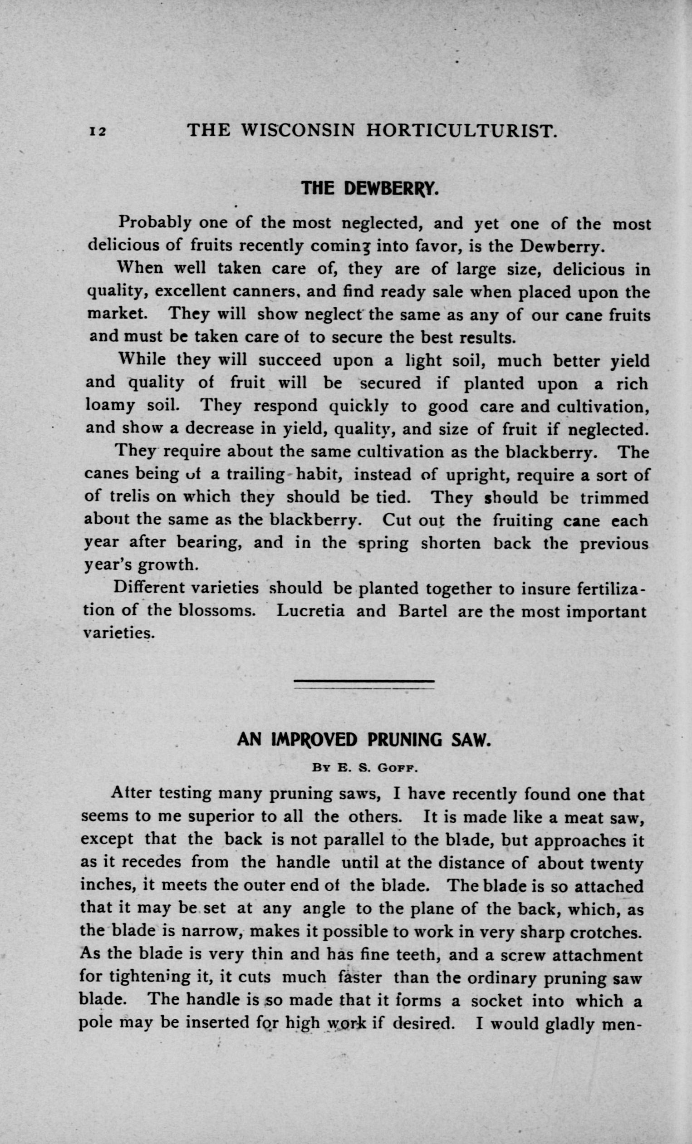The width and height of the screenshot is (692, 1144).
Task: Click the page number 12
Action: point(98,132)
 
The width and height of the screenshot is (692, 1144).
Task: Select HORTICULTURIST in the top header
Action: point(461,131)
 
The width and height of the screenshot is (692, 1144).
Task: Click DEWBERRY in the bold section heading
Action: point(391,188)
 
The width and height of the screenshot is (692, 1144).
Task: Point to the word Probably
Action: point(155,223)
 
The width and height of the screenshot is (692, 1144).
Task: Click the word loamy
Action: point(110,406)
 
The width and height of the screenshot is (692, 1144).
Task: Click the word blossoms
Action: point(217,610)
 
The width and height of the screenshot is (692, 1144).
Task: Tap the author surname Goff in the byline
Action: point(398,768)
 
